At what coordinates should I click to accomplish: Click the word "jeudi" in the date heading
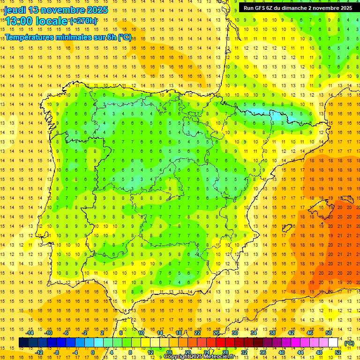tap(15, 10)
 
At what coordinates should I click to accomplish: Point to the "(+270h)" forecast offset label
tap(83, 21)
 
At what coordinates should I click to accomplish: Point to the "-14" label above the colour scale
tap(30, 333)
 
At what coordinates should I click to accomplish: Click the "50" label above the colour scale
tap(329, 333)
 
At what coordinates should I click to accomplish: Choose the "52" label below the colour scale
tap(338, 352)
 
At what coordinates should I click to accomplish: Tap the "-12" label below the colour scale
tap(39, 352)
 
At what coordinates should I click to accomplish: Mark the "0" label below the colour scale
tap(93, 352)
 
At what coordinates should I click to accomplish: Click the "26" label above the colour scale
tap(216, 333)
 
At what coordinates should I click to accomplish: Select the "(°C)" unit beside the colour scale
tap(349, 343)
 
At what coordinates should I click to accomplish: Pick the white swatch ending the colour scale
tap(333, 343)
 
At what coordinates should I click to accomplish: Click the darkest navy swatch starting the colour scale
tap(23, 343)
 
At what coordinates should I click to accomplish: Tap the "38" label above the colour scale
tap(272, 333)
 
